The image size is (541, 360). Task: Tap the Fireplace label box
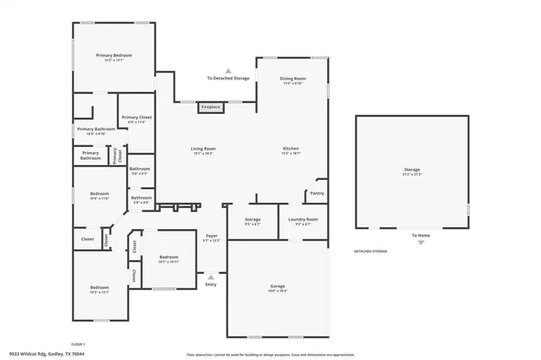[x=210, y=107]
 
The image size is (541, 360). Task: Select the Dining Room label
[x=292, y=79]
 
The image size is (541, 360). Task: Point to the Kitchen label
[x=290, y=149]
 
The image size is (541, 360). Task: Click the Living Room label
[x=204, y=149]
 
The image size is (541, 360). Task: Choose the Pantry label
[x=317, y=193]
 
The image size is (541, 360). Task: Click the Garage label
[x=277, y=286]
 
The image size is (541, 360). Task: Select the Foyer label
[x=210, y=237]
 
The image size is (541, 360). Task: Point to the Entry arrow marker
[x=210, y=276]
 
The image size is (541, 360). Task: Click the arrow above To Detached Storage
[x=228, y=70]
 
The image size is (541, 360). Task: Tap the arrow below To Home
[x=420, y=243]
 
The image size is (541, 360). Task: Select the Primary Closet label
[x=135, y=118]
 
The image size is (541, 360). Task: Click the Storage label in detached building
[x=412, y=170]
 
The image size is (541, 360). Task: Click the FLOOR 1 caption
[x=78, y=345]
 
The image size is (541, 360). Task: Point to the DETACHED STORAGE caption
[x=371, y=252]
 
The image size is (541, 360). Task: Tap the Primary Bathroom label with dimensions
[x=95, y=129]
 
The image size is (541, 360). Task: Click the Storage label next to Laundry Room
[x=253, y=220]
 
